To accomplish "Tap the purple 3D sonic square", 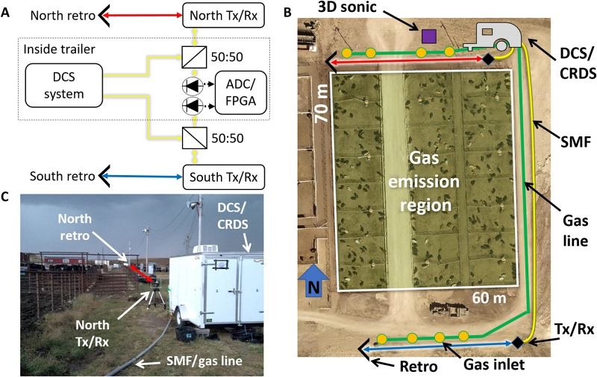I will [428, 35].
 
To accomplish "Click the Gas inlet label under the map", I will [459, 365].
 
